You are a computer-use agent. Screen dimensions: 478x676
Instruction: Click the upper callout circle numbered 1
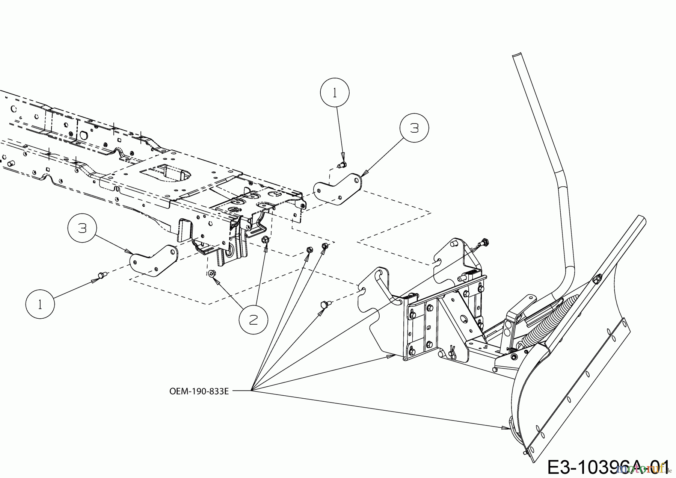[x=335, y=93]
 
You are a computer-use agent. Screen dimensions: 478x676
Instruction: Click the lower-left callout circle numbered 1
[x=40, y=304]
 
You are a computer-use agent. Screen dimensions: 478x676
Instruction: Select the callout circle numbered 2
[x=254, y=319]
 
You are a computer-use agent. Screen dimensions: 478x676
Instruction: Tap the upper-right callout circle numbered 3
[x=414, y=128]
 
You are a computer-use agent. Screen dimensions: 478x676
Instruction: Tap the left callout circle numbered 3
[x=82, y=228]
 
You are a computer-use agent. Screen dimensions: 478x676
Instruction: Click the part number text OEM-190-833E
[x=199, y=391]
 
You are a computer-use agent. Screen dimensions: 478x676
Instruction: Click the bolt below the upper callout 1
[x=342, y=164]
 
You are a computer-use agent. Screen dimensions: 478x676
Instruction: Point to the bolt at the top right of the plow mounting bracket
[x=484, y=242]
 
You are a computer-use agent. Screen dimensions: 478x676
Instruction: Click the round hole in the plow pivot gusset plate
[x=465, y=318]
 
